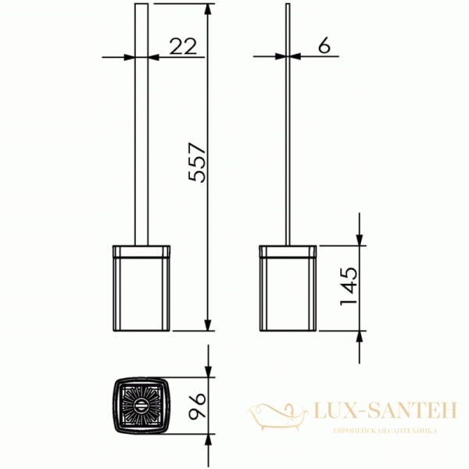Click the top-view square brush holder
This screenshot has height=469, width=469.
tap(141, 404)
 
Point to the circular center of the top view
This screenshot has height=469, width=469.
tap(141, 404)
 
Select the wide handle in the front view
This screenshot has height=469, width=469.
tap(141, 125)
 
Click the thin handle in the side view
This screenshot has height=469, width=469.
tap(288, 125)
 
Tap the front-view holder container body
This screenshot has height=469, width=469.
tap(141, 293)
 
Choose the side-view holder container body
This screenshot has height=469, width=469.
tap(288, 293)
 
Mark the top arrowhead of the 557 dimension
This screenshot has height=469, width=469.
tap(208, 9)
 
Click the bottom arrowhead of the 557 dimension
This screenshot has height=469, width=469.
tap(208, 324)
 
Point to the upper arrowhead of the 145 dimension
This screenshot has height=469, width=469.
tap(360, 239)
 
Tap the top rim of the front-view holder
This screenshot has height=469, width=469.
tap(141, 251)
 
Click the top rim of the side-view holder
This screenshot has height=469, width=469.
tap(288, 251)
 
